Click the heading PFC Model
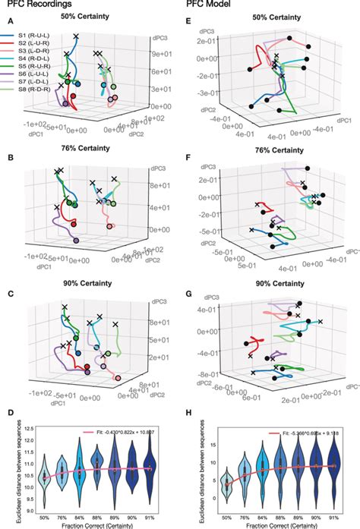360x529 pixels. tap(209, 5)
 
